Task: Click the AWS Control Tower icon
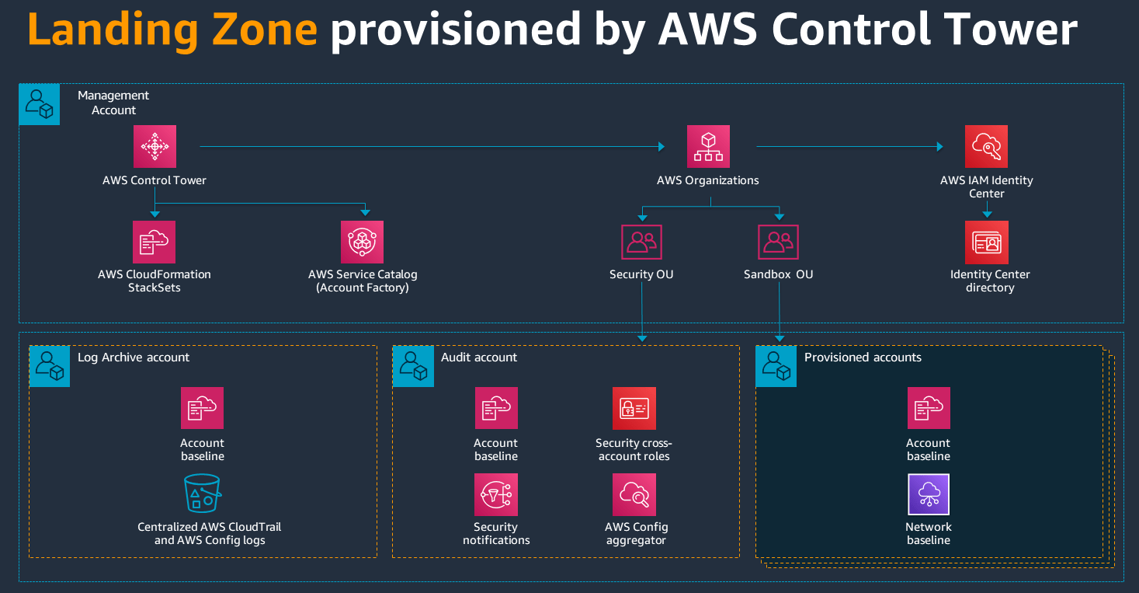coord(155,146)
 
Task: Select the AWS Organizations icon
coord(708,146)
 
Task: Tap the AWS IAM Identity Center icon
coord(986,146)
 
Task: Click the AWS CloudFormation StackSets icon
coord(154,242)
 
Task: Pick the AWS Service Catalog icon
coord(362,242)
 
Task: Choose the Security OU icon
coord(641,242)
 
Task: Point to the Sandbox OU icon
coord(778,242)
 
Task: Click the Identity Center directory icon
coord(987,242)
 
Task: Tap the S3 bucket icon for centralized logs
coord(203,494)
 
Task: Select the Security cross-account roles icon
coord(634,408)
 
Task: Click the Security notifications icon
coord(496,494)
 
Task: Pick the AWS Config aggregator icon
coord(634,494)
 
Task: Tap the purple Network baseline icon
coord(929,494)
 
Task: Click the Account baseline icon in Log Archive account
coord(203,408)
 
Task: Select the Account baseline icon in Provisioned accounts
coord(929,408)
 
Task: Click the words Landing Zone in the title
coord(172,30)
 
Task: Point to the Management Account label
coord(113,103)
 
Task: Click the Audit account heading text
coord(479,358)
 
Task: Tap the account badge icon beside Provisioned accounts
coord(776,366)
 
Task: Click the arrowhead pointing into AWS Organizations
coord(662,146)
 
